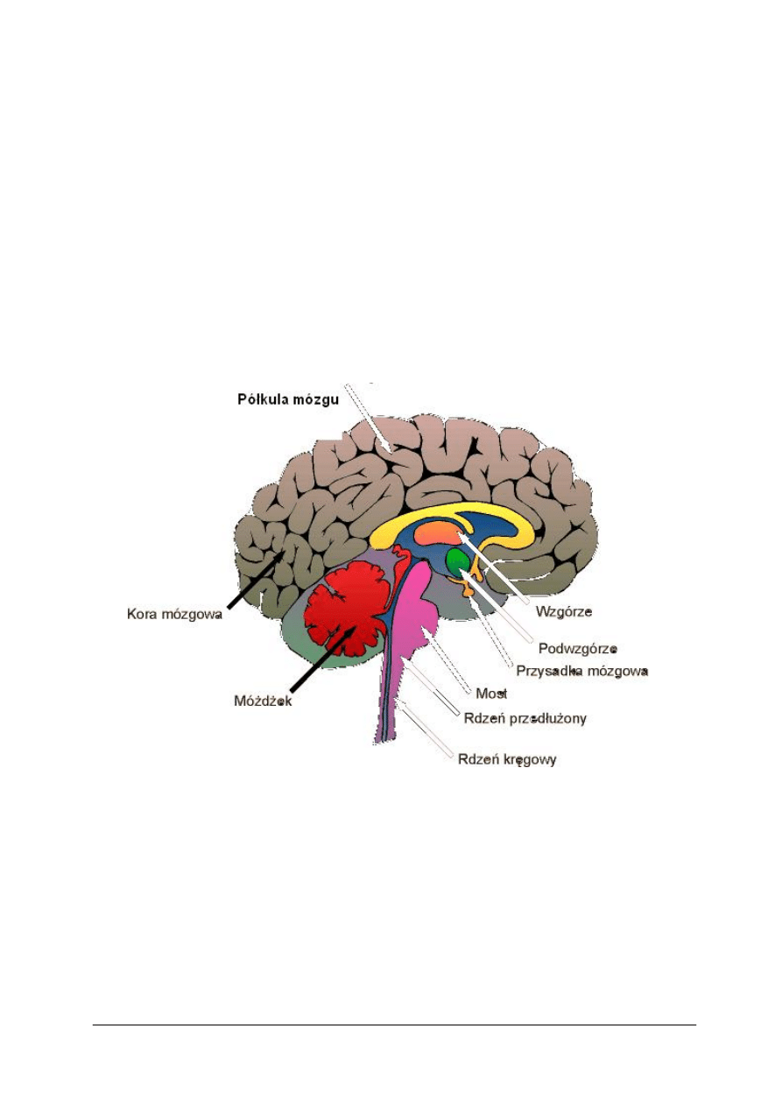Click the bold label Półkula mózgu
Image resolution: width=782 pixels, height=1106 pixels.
[x=288, y=399]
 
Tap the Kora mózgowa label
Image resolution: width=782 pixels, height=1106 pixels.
[x=174, y=614]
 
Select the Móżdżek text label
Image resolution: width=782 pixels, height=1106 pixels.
[x=263, y=701]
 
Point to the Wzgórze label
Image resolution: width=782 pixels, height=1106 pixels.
[x=564, y=612]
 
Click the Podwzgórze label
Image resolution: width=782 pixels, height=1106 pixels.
[x=578, y=648]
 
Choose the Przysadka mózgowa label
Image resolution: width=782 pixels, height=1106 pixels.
[x=582, y=672]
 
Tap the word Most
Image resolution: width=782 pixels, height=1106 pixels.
[x=491, y=694]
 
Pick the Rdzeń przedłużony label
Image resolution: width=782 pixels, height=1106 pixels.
[x=525, y=718]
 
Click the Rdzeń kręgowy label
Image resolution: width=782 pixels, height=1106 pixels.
[x=507, y=759]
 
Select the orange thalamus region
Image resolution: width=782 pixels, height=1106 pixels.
[x=436, y=534]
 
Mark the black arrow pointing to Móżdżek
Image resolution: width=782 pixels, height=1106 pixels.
[x=322, y=659]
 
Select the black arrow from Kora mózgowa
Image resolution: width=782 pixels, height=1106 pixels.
[x=256, y=579]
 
